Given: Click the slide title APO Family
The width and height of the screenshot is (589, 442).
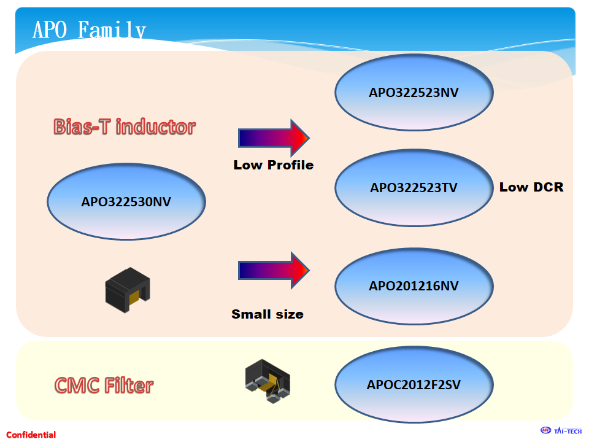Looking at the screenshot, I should (89, 29).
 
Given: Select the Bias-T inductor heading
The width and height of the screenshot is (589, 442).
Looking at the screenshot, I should (125, 127).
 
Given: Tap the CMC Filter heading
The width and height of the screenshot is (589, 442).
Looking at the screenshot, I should (104, 386).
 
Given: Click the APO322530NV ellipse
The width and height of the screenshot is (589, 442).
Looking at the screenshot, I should (126, 201).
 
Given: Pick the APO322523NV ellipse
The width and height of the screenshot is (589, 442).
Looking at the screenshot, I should (414, 93).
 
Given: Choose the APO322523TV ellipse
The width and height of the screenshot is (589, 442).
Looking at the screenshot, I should (414, 188).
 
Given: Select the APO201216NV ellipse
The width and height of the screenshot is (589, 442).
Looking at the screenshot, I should (414, 286).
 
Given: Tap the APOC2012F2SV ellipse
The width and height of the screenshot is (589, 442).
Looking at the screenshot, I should (414, 386).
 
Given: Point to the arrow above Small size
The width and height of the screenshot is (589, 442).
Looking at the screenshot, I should (273, 269).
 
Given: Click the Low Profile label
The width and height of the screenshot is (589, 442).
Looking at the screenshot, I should (273, 165).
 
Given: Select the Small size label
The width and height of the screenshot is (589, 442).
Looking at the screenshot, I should (268, 314).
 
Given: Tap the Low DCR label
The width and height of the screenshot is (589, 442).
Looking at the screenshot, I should (531, 187).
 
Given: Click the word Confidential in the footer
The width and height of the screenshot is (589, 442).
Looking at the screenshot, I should (31, 435).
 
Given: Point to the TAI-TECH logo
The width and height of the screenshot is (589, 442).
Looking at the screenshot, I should (561, 430).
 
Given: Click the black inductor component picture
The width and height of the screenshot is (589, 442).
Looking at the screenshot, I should (128, 290).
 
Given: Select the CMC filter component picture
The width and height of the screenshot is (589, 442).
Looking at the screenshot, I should (268, 381).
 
